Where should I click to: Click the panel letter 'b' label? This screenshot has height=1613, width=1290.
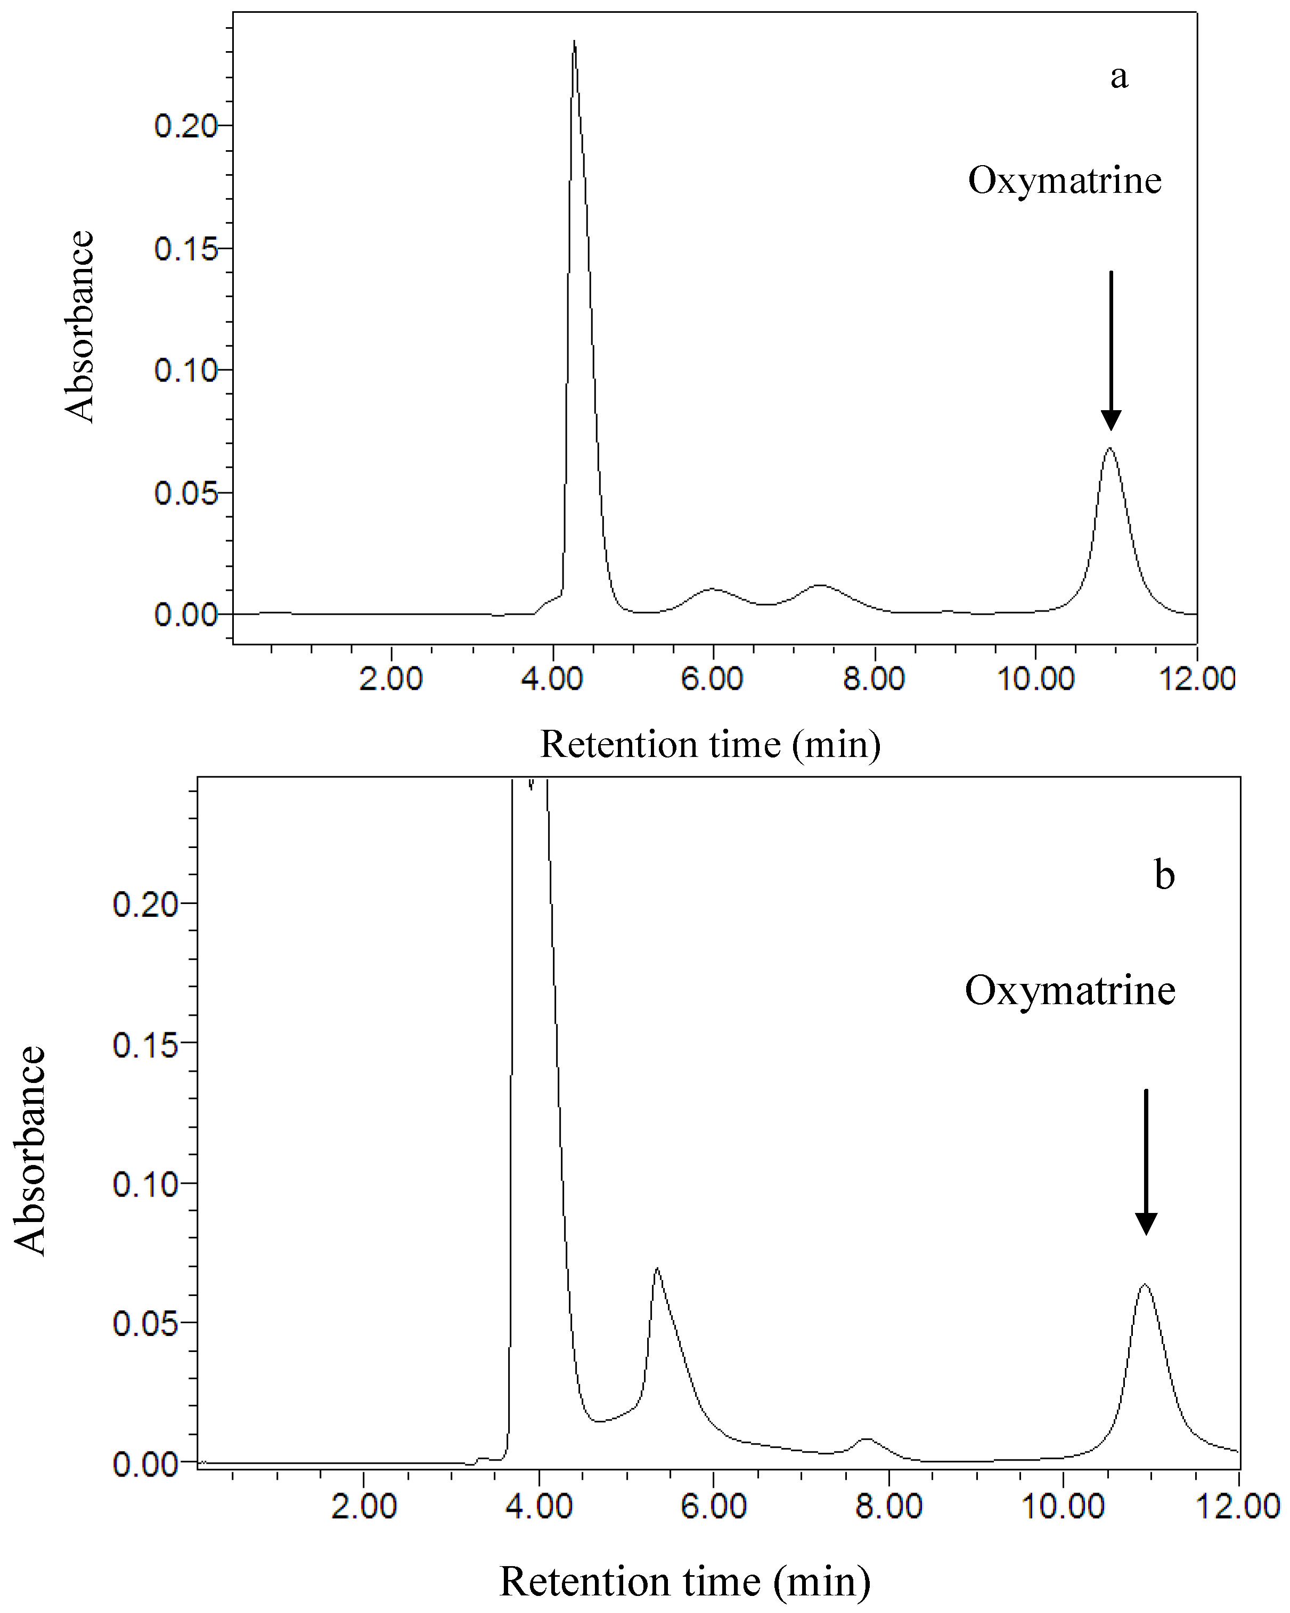click(1164, 875)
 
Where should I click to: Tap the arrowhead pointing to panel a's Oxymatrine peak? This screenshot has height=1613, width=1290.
click(1111, 420)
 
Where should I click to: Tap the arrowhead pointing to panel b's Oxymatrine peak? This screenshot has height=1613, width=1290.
click(1146, 1224)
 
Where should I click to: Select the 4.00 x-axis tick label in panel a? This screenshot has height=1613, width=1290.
click(552, 679)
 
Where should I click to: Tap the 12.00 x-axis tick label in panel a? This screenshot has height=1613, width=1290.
click(1196, 679)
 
